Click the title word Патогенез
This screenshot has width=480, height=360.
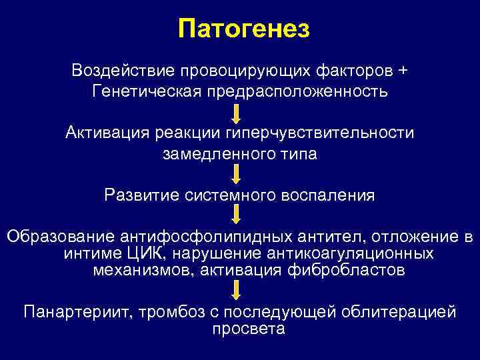245,29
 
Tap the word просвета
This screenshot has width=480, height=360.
248,329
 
